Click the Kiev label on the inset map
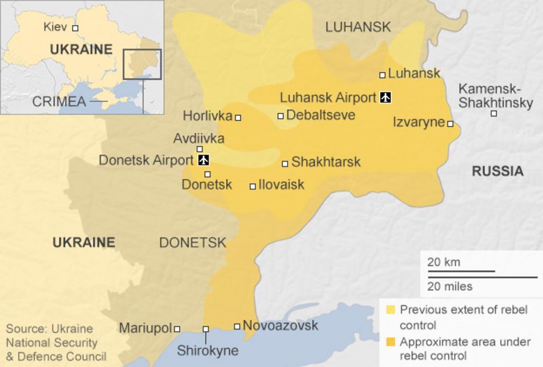[x=56, y=28]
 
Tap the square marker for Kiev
[x=75, y=28]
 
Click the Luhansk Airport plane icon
[x=386, y=98]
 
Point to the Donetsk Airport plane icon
[x=203, y=161]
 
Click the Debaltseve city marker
[x=280, y=116]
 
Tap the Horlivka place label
[x=208, y=115]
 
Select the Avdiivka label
[x=199, y=138]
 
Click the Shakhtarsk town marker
[x=285, y=163]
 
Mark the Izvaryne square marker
[x=450, y=124]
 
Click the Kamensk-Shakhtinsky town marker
[x=493, y=113]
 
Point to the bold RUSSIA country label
[x=498, y=172]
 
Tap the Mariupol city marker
[x=177, y=329]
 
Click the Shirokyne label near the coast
[x=208, y=351]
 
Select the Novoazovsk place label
[x=280, y=326]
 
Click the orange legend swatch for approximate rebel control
[x=390, y=341]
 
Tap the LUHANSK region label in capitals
[x=358, y=27]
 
